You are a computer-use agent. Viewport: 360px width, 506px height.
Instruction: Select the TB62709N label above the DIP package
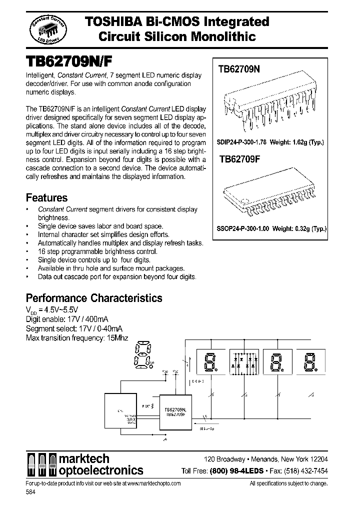coord(239,70)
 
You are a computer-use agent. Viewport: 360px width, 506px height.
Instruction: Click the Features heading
coord(46,198)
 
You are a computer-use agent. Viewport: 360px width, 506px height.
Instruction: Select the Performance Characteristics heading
coord(94,298)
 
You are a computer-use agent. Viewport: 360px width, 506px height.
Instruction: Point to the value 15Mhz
coord(117,338)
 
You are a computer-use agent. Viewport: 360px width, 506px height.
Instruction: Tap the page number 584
coord(30,492)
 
